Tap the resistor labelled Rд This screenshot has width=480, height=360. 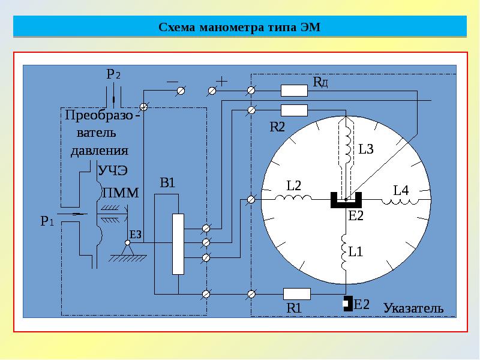[295, 91]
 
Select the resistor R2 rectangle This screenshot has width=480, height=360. [295, 110]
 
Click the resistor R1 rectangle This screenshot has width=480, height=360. [297, 293]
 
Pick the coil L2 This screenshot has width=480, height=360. [293, 198]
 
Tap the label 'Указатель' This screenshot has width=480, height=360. [413, 308]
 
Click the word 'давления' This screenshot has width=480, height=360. [99, 150]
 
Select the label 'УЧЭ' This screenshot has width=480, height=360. [113, 170]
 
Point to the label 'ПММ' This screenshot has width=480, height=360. [120, 193]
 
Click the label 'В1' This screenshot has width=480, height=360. [167, 182]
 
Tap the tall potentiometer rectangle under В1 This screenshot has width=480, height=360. [178, 244]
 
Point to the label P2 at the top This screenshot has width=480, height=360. [113, 75]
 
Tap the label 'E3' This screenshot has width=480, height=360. [136, 234]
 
